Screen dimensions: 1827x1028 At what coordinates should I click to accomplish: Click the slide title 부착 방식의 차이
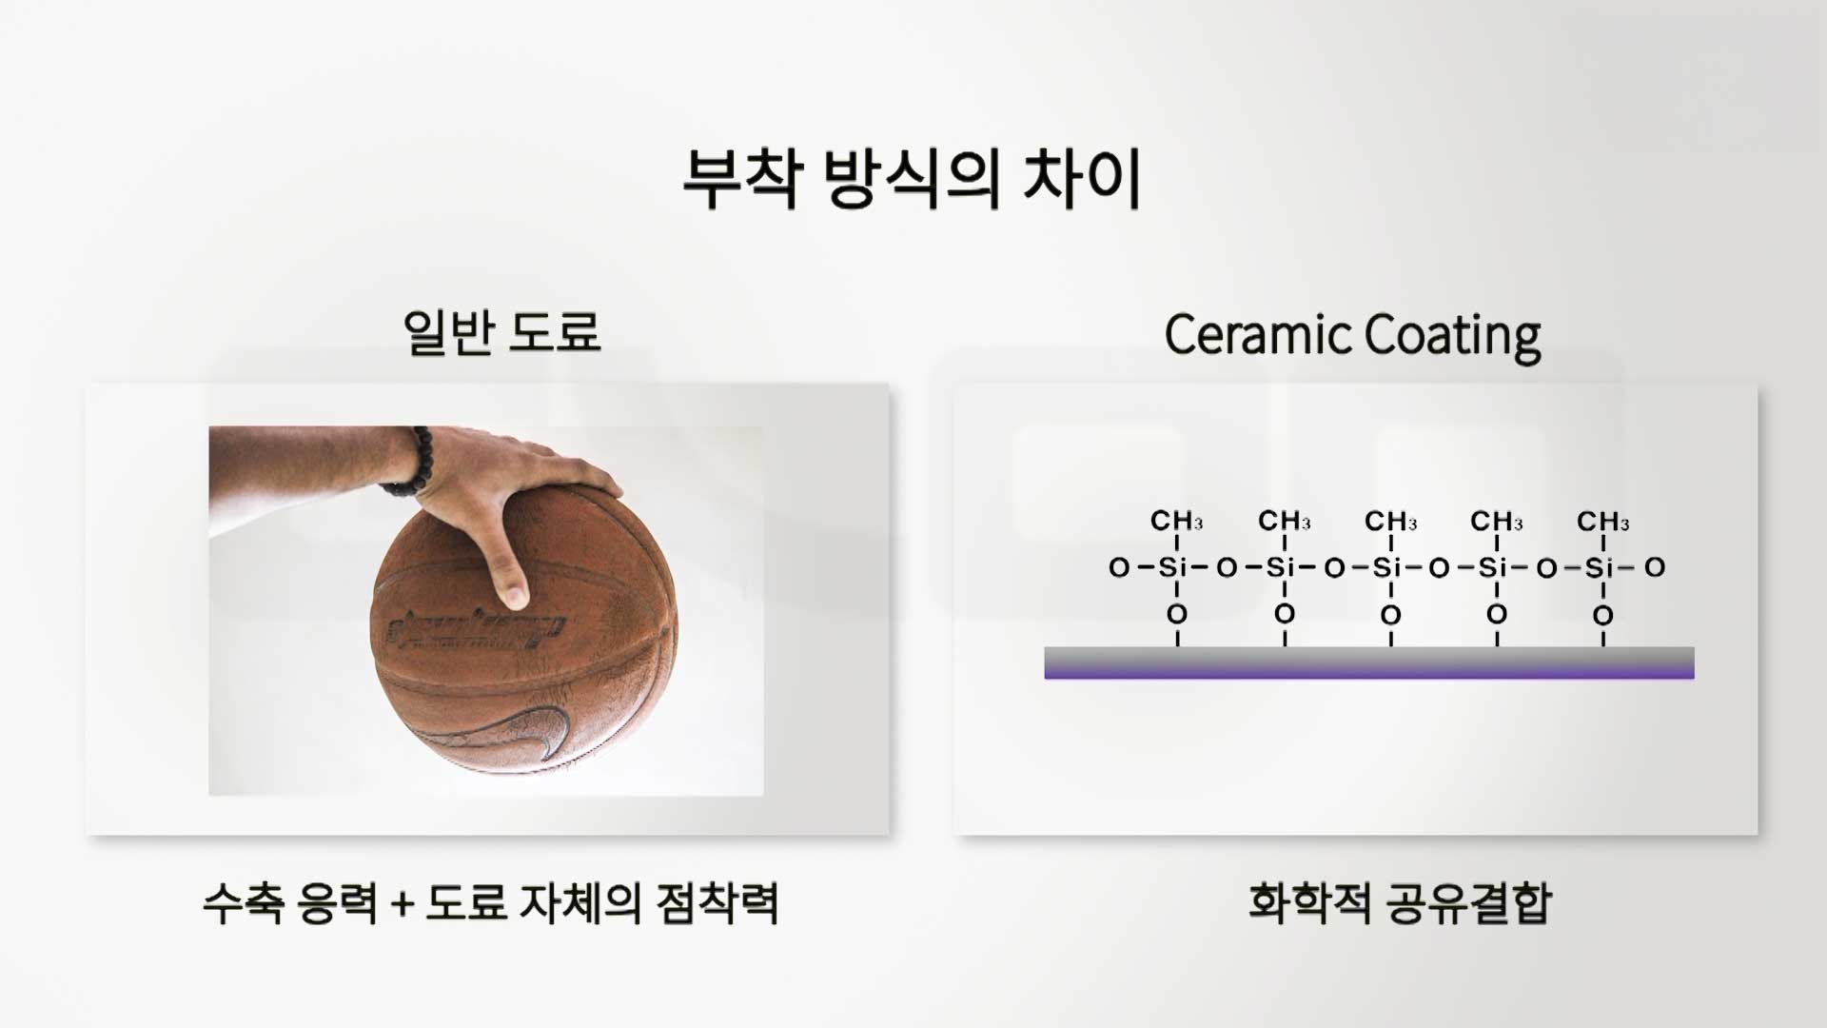point(912,179)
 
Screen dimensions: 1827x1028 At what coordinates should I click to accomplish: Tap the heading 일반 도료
point(502,332)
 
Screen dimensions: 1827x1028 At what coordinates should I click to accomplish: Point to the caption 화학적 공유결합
point(1400,902)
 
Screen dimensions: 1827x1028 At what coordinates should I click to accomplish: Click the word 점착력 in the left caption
point(718,902)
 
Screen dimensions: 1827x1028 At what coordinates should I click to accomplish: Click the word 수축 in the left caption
point(244,902)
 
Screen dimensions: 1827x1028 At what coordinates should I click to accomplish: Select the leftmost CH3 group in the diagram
point(1176,521)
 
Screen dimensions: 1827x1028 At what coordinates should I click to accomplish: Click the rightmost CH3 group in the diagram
point(1602,521)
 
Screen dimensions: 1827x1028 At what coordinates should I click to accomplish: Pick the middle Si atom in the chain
point(1388,567)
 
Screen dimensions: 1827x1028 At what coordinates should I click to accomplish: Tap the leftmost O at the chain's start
point(1119,568)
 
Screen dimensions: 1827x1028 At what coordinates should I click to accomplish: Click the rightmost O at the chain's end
point(1655,567)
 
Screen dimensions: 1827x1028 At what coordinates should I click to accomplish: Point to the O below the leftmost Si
point(1177,614)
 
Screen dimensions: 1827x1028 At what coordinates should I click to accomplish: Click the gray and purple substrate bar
point(1369,662)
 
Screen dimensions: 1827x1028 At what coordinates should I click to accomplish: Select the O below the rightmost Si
point(1603,615)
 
